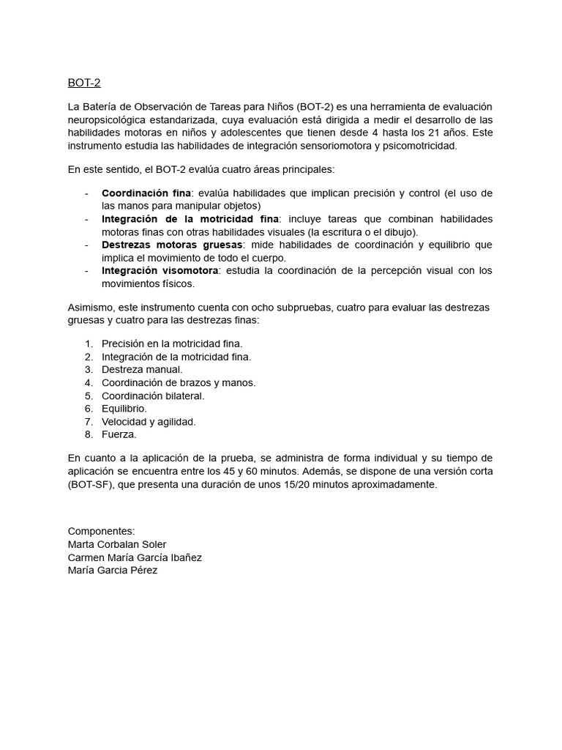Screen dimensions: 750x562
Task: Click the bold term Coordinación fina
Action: pyautogui.click(x=146, y=193)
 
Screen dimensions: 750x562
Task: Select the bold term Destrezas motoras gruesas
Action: pyautogui.click(x=173, y=245)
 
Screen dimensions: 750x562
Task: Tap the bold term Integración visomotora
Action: pyautogui.click(x=160, y=270)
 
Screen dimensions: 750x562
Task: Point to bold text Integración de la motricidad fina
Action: pyautogui.click(x=190, y=219)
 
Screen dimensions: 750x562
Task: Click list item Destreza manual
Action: pyautogui.click(x=142, y=369)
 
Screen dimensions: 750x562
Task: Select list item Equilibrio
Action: pyautogui.click(x=124, y=409)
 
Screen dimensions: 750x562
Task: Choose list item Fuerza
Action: pyautogui.click(x=119, y=434)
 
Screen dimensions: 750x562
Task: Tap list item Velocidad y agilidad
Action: pyautogui.click(x=149, y=421)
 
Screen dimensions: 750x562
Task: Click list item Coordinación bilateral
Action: pyautogui.click(x=153, y=396)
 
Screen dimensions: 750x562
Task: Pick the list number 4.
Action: pyautogui.click(x=89, y=382)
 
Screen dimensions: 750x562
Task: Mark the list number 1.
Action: pyautogui.click(x=89, y=344)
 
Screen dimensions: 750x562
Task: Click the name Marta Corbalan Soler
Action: pyautogui.click(x=117, y=544)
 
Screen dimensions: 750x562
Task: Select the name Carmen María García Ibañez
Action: pyautogui.click(x=135, y=557)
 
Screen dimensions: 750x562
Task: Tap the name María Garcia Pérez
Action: pyautogui.click(x=112, y=571)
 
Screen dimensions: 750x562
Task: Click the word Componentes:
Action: pyautogui.click(x=101, y=531)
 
